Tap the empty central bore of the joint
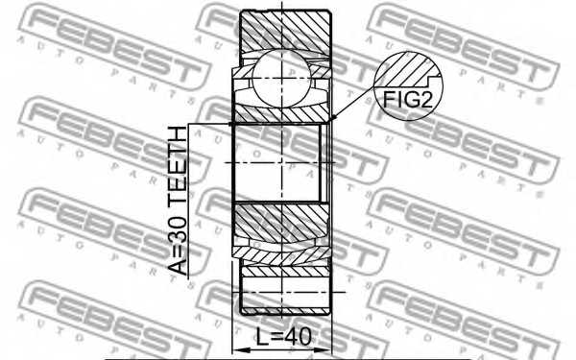click(278, 163)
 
